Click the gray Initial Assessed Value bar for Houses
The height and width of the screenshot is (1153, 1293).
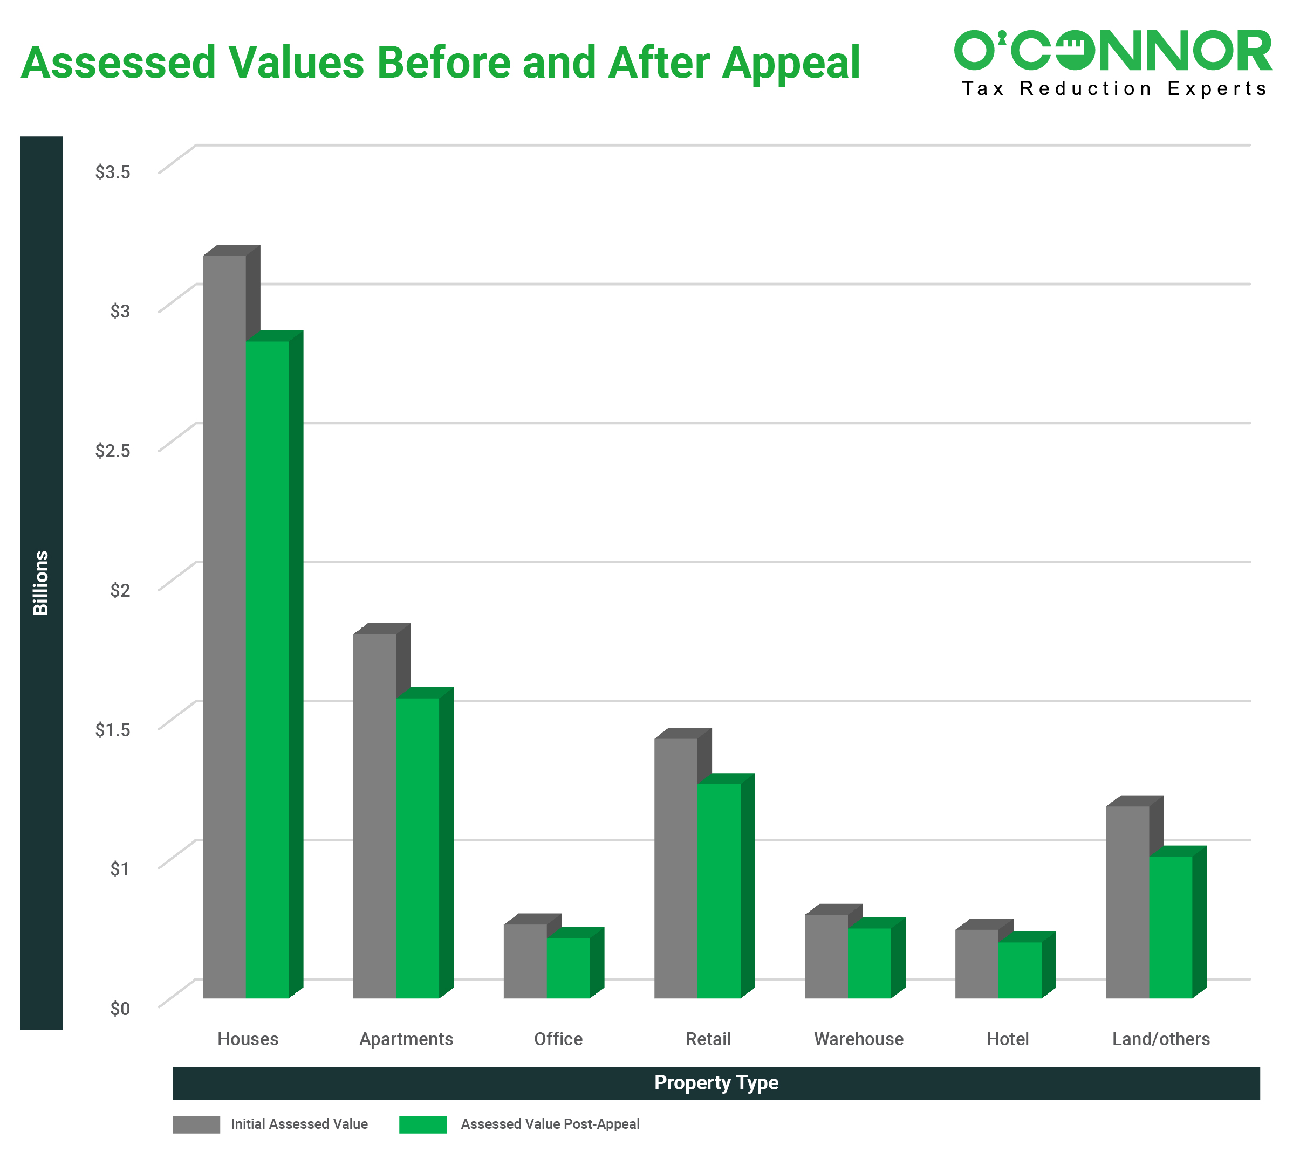[x=224, y=627]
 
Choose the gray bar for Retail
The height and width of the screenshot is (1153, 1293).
[x=676, y=868]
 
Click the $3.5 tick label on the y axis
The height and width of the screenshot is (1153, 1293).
[x=113, y=172]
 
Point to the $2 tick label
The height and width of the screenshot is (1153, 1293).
[x=120, y=590]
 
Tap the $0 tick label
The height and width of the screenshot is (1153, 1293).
[x=120, y=1009]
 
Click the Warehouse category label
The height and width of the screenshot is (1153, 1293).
[x=859, y=1040]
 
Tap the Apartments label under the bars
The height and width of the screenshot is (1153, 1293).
[x=406, y=1040]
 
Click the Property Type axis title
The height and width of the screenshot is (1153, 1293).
[x=716, y=1083]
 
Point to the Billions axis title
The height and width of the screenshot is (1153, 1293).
[x=41, y=583]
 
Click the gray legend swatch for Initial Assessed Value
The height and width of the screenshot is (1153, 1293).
[x=196, y=1124]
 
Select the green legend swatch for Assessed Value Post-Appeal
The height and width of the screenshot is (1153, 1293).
[x=423, y=1124]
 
